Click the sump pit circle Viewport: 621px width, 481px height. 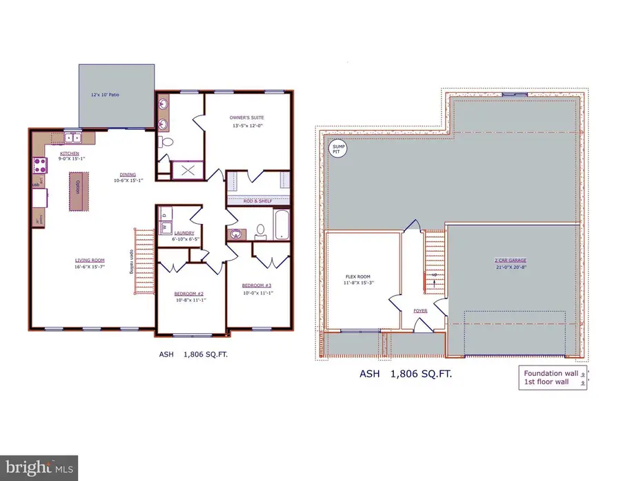point(337,148)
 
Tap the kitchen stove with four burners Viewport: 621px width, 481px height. point(38,166)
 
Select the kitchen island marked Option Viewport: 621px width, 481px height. point(78,191)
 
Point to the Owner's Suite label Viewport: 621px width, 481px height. point(247,118)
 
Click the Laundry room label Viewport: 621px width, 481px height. point(184,234)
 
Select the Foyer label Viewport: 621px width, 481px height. point(420,311)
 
